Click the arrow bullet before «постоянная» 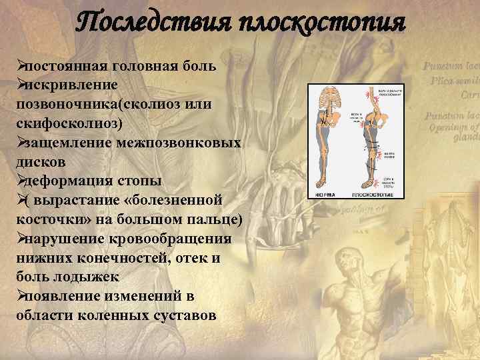coord(21,67)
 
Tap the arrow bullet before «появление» coord(21,295)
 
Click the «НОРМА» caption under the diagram coord(325,195)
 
